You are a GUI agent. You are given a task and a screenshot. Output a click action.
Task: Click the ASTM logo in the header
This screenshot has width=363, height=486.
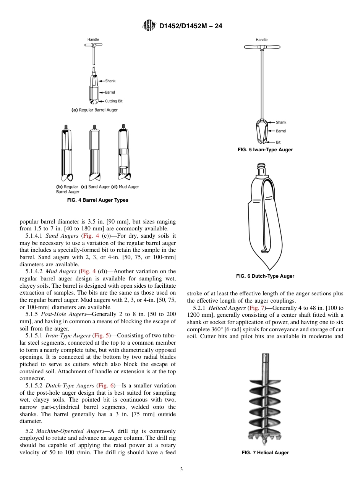click(x=149, y=26)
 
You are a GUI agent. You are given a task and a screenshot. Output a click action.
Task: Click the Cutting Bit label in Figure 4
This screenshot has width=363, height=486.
click(x=113, y=101)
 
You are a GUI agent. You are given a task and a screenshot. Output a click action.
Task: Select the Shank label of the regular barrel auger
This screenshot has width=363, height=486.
click(x=110, y=81)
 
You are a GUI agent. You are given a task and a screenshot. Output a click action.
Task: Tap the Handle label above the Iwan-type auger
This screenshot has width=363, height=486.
click(x=262, y=40)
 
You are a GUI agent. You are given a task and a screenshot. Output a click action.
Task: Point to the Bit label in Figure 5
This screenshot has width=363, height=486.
click(x=278, y=142)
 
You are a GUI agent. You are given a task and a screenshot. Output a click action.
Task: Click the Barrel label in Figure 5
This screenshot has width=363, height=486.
click(x=281, y=131)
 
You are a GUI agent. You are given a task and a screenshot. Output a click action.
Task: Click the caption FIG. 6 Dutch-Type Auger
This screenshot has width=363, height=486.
click(x=265, y=276)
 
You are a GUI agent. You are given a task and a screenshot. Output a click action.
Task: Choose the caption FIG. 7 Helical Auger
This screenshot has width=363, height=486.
click(x=265, y=453)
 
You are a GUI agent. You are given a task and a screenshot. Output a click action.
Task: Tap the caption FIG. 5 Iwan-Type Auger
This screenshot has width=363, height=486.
click(x=265, y=150)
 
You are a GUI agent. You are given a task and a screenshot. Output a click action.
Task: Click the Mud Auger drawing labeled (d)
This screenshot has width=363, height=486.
click(x=123, y=153)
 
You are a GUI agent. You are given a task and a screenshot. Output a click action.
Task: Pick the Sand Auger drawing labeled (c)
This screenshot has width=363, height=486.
click(x=94, y=153)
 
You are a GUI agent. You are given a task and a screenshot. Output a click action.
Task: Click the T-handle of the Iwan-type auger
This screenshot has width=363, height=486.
click(x=262, y=47)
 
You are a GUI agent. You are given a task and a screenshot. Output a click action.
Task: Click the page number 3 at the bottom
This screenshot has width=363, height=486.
click(x=181, y=470)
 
